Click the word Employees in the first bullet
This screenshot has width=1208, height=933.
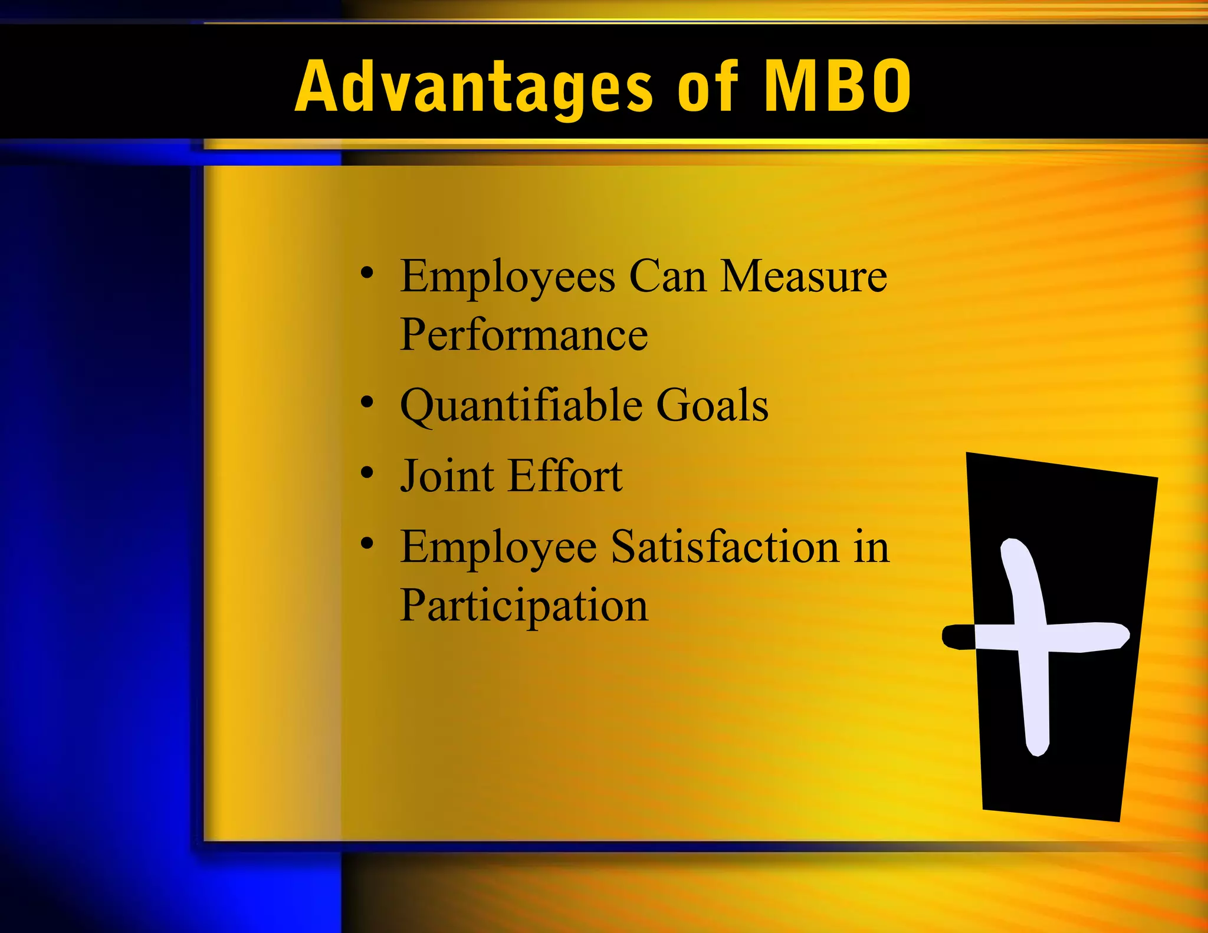click(508, 277)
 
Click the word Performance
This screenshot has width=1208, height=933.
click(524, 335)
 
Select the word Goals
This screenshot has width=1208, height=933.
click(712, 406)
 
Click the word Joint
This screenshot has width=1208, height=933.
click(447, 476)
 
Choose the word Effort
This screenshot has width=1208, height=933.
click(565, 476)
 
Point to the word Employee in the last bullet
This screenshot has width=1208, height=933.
click(498, 548)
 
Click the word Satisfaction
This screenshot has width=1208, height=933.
click(724, 547)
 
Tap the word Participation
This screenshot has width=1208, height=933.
click(524, 606)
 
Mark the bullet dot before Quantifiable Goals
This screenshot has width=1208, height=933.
click(367, 403)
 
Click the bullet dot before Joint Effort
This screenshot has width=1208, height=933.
click(367, 473)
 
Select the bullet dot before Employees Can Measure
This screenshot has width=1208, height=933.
click(367, 273)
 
